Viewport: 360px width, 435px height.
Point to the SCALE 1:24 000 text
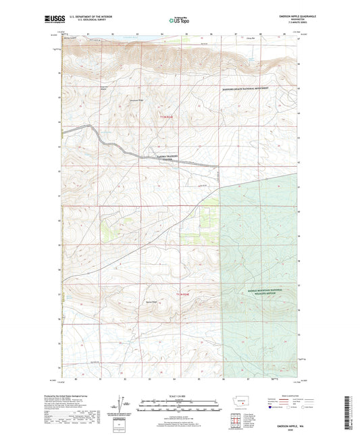pyautogui.click(x=180, y=396)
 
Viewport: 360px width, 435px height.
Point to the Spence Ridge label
pyautogui.click(x=150, y=302)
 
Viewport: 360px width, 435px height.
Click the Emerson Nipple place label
pyautogui.click(x=104, y=87)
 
